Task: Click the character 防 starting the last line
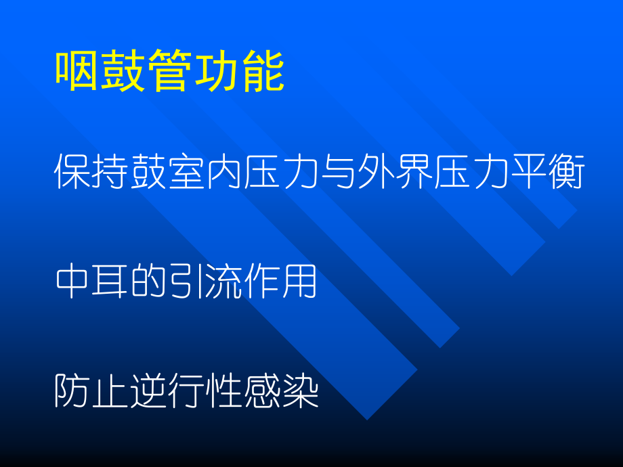pyautogui.click(x=72, y=391)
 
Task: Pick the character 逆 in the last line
pyautogui.click(x=148, y=391)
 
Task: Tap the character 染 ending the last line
pyautogui.click(x=300, y=391)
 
